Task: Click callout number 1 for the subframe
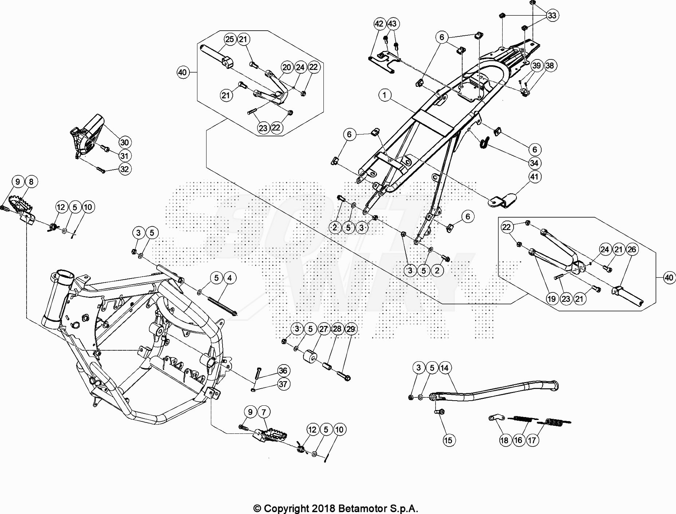click(x=385, y=96)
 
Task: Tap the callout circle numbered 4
click(x=229, y=278)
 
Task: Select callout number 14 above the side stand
click(x=444, y=368)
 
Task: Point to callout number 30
click(x=125, y=143)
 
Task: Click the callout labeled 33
click(x=552, y=15)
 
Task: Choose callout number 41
click(x=534, y=177)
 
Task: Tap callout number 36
click(x=283, y=371)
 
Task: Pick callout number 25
click(x=229, y=39)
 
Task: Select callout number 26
click(x=632, y=249)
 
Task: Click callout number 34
click(x=534, y=163)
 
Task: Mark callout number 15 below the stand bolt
click(x=448, y=440)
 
